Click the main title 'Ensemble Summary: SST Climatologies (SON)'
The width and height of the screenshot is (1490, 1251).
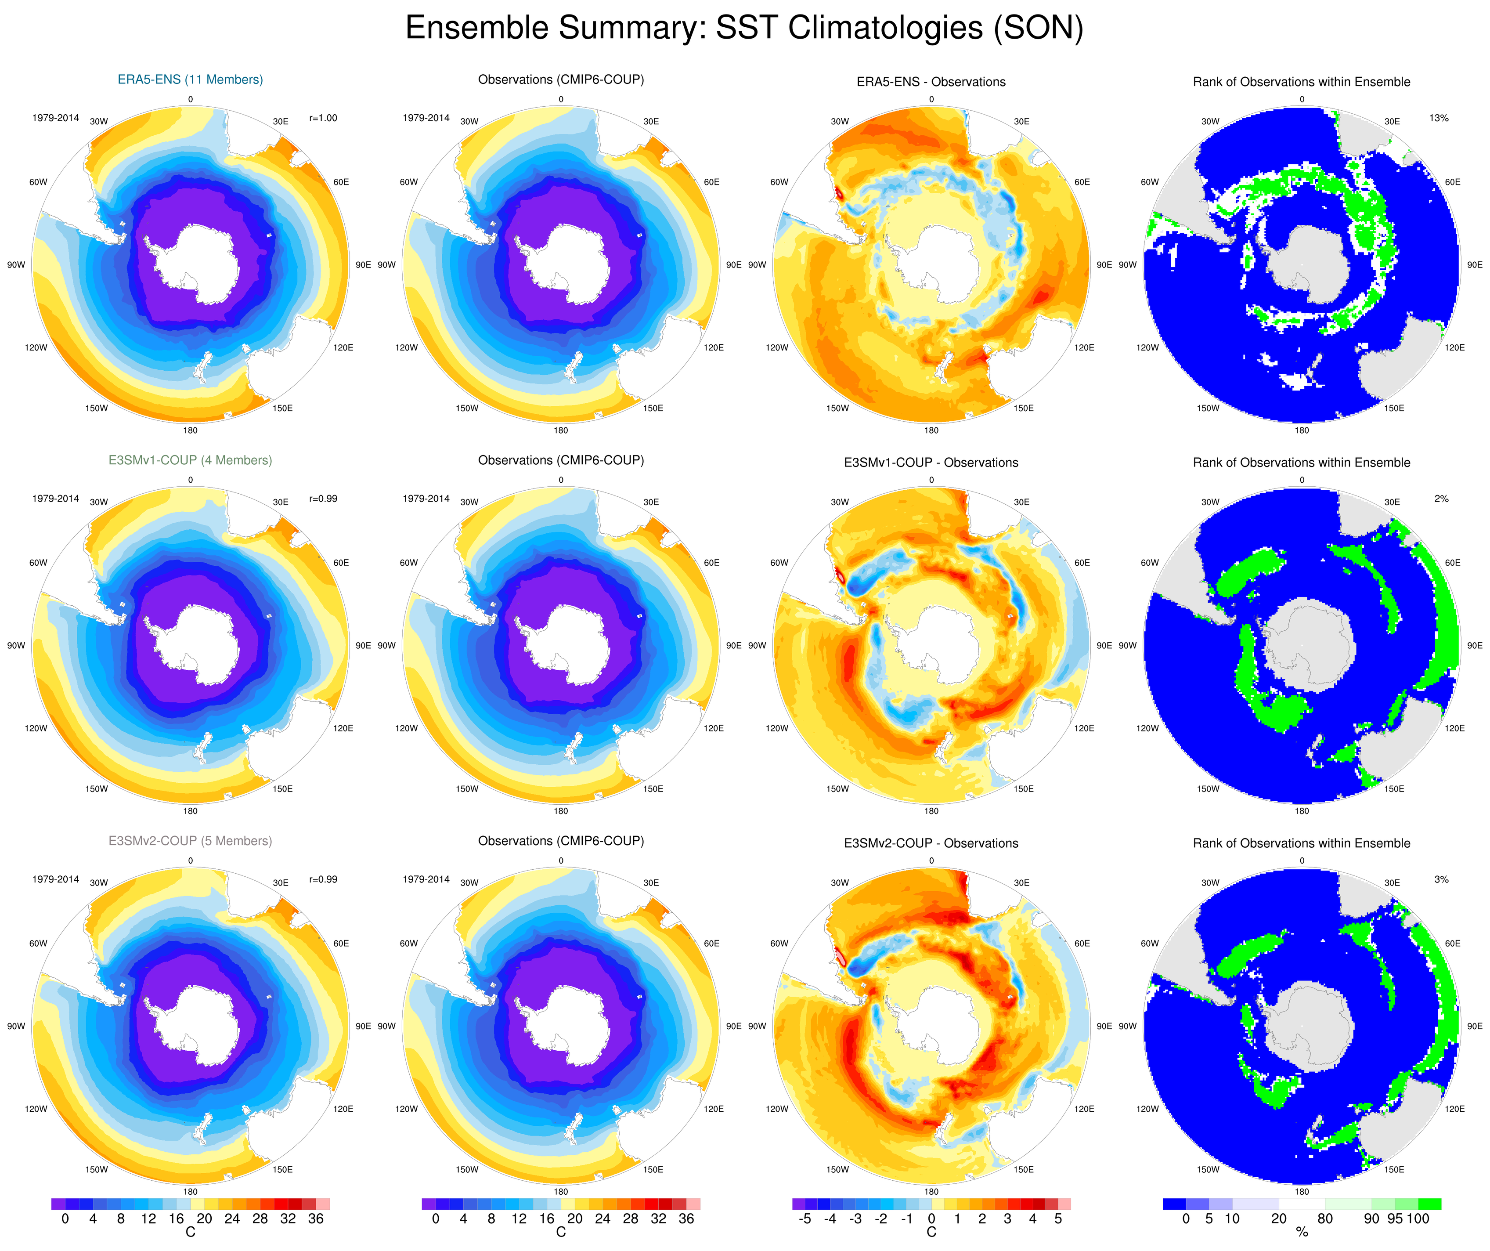(x=744, y=29)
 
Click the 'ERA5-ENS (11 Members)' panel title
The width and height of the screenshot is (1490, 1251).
(x=190, y=80)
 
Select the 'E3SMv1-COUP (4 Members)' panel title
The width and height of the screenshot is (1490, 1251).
(x=190, y=460)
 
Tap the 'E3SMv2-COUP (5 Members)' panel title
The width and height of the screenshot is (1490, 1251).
(x=190, y=841)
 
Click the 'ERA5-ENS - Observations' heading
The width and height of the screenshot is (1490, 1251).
(x=931, y=82)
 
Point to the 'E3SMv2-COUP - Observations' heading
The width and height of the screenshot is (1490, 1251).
(x=931, y=843)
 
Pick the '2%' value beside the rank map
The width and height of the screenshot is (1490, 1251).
(x=1441, y=499)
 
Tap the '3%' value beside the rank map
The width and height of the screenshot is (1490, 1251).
(x=1441, y=879)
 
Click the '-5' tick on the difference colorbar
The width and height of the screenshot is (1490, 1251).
(x=805, y=1219)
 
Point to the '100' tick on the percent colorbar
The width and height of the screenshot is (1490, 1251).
(x=1418, y=1219)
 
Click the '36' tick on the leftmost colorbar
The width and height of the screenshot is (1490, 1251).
(x=316, y=1219)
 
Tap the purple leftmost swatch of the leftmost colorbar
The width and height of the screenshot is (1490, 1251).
(x=58, y=1204)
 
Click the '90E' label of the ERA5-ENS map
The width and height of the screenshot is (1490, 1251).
(x=363, y=265)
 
